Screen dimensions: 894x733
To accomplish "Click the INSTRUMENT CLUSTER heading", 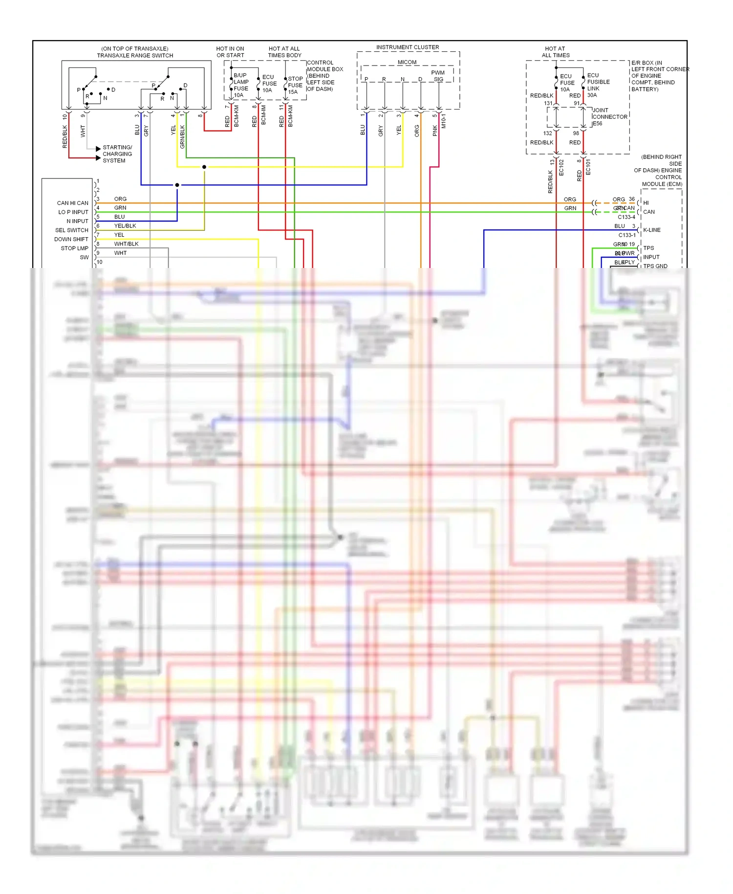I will [407, 47].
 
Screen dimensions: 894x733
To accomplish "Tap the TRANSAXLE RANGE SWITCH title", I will [135, 55].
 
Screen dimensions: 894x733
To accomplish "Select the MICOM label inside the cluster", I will [407, 62].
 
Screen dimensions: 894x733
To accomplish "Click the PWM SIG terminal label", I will [438, 76].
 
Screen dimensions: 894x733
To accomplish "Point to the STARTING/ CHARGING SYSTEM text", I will [117, 154].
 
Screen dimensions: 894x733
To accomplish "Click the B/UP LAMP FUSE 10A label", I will [240, 85].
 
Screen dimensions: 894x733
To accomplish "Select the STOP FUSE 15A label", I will [295, 85].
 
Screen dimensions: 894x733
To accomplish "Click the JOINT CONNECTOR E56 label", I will [609, 117].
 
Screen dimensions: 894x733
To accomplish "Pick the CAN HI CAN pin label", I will [72, 203].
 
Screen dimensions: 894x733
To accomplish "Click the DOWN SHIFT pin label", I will [71, 239].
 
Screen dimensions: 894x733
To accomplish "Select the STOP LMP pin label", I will [74, 248].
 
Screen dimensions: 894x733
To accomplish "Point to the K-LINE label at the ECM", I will [651, 230].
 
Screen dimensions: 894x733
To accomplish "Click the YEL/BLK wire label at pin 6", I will [125, 226].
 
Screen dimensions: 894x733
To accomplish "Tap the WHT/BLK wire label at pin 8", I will [126, 244].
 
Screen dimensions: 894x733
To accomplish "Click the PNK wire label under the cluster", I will [435, 131].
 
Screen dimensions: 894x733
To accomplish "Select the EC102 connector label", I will [561, 167].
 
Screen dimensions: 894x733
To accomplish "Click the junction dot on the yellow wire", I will [204, 167].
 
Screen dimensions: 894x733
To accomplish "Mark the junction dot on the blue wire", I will [177, 185].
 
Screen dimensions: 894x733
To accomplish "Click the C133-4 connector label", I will [626, 217].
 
